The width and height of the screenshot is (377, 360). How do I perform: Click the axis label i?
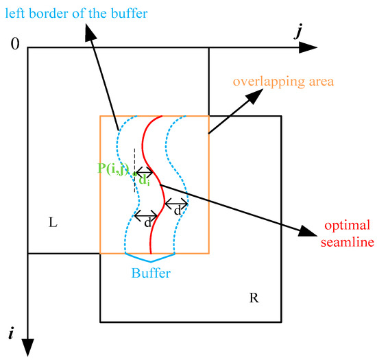tap(10, 334)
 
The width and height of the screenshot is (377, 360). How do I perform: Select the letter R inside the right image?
tap(253, 298)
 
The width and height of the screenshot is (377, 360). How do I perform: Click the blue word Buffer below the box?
tap(151, 272)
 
